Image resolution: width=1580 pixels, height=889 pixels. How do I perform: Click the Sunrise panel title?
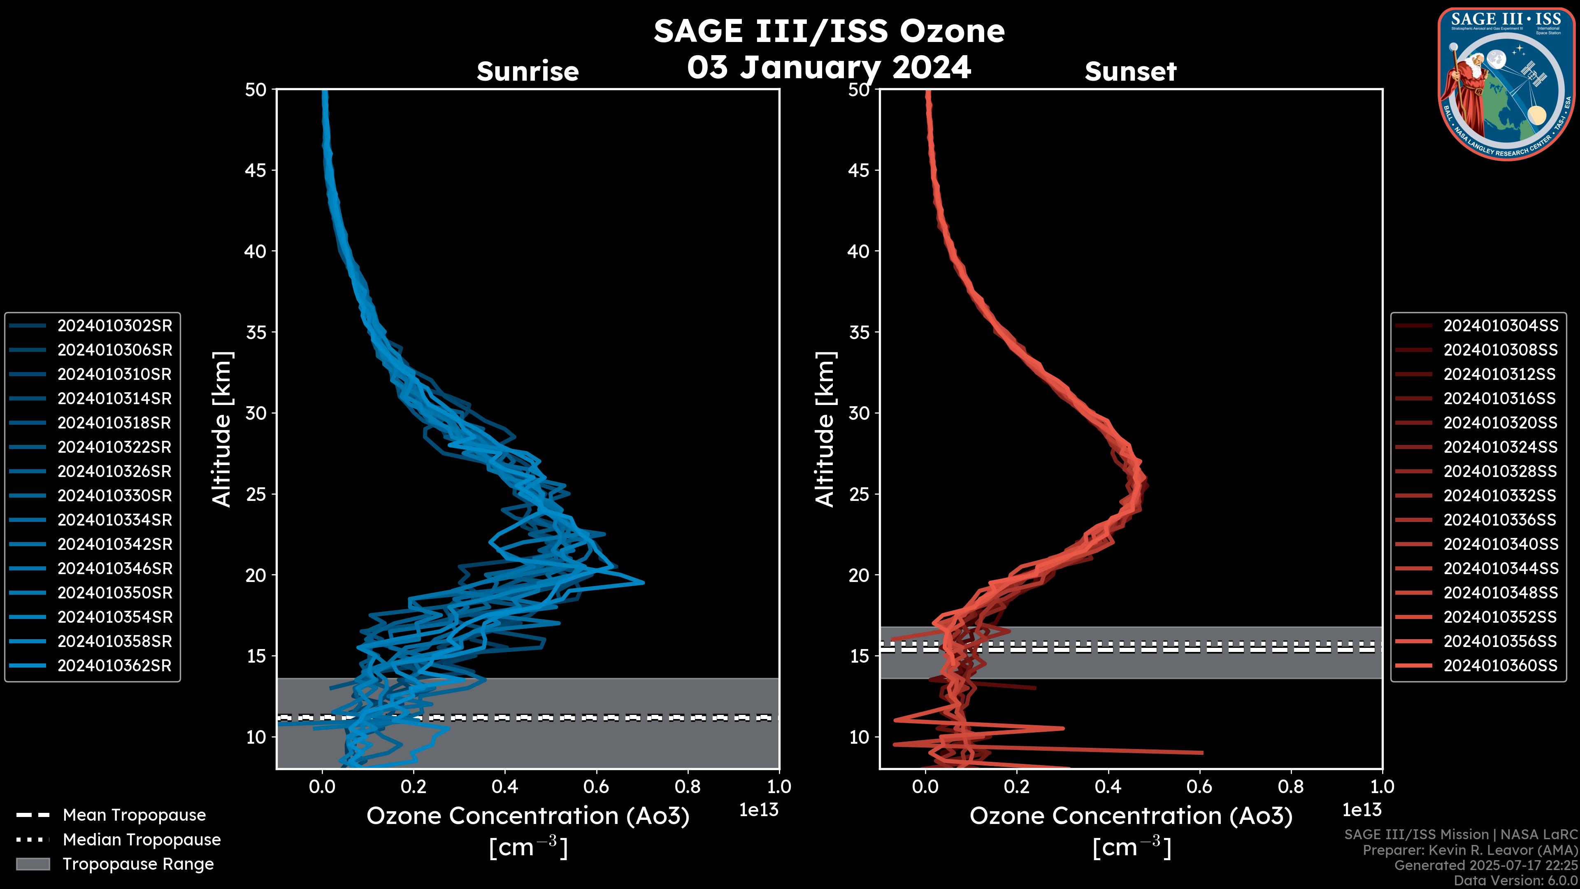point(527,71)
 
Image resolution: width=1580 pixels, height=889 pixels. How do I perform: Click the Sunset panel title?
point(1130,71)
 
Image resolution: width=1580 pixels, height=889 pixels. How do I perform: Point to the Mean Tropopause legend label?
point(134,815)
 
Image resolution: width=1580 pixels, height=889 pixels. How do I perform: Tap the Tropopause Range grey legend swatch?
point(33,864)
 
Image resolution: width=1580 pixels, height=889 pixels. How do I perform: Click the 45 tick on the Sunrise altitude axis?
point(256,170)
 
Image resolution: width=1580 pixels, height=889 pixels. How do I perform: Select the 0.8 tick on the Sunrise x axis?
point(688,787)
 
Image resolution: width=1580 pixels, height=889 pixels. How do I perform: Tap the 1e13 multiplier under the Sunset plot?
point(1362,810)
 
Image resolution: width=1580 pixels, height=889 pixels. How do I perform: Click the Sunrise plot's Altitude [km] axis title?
point(222,429)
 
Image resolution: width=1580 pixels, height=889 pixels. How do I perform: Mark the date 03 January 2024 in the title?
point(829,67)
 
